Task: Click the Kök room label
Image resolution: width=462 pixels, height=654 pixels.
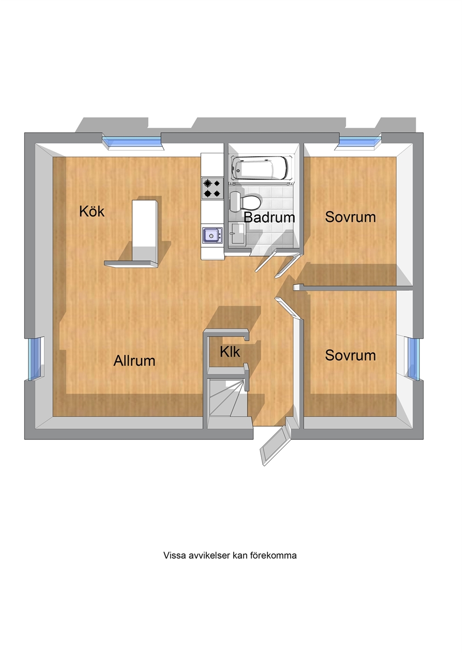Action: pyautogui.click(x=92, y=211)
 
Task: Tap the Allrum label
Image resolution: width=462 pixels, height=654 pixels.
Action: pyautogui.click(x=134, y=361)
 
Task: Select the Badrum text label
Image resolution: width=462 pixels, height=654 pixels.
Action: pyautogui.click(x=269, y=217)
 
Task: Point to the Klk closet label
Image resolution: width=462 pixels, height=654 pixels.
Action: pyautogui.click(x=230, y=352)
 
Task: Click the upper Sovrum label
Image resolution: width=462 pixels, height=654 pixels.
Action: pyautogui.click(x=350, y=217)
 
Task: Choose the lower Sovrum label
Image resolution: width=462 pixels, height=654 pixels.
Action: pyautogui.click(x=350, y=355)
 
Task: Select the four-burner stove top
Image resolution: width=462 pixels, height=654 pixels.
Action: pyautogui.click(x=212, y=188)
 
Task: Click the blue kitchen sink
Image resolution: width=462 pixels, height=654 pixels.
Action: pyautogui.click(x=212, y=235)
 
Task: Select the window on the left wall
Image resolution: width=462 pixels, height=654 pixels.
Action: pyautogui.click(x=35, y=358)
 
